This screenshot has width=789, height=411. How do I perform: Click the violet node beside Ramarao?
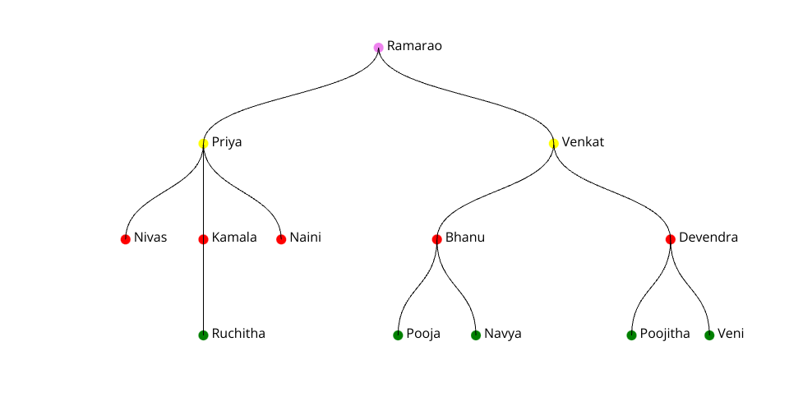378,47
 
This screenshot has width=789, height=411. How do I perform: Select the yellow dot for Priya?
203,143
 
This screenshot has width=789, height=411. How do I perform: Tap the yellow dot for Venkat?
553,143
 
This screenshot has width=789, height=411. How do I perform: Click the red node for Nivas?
125,239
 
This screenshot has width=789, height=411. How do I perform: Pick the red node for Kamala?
203,239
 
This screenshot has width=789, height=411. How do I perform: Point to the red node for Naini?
281,239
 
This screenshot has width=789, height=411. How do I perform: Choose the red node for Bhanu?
436,239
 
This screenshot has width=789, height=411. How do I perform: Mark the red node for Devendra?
671,239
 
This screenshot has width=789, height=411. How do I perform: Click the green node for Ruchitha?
203,335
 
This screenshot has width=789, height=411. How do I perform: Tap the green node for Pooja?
398,335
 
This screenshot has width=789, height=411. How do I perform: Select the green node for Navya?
476,335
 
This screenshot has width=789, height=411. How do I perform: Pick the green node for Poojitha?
631,335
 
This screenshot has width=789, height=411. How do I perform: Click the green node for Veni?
709,335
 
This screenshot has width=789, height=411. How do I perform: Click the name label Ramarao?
414,46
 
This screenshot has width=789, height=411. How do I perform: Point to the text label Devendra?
708,238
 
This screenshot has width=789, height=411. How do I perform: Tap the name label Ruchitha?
238,334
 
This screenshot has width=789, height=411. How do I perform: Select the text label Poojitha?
665,334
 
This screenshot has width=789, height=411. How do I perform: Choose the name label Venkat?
583,142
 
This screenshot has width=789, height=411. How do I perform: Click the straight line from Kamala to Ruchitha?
203,288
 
